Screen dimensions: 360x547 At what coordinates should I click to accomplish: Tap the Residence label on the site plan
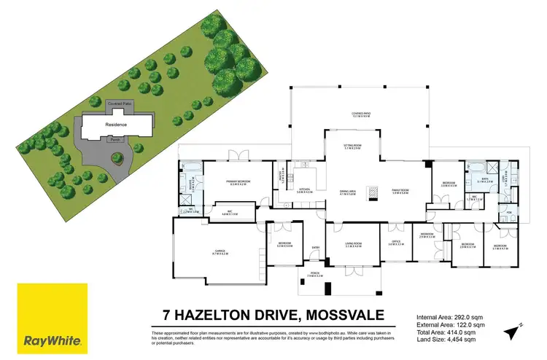point(117,125)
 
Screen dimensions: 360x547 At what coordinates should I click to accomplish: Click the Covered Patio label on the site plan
point(120,105)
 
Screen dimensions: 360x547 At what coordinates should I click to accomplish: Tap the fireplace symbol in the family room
point(373,192)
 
